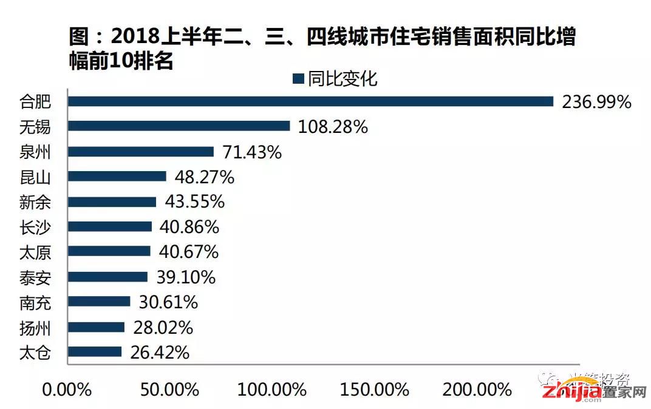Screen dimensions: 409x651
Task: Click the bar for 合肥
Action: click(310, 101)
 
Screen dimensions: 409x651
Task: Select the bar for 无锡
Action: click(179, 126)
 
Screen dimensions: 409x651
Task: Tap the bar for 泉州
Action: click(141, 152)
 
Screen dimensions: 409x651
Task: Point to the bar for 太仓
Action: click(95, 352)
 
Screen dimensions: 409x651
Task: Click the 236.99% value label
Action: click(597, 102)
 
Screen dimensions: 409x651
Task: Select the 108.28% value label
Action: click(333, 127)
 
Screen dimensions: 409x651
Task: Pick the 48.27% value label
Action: click(204, 177)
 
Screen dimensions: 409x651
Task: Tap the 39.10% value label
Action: click(185, 277)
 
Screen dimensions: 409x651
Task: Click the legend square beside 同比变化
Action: click(298, 79)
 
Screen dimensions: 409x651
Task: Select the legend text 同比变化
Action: click(343, 79)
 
